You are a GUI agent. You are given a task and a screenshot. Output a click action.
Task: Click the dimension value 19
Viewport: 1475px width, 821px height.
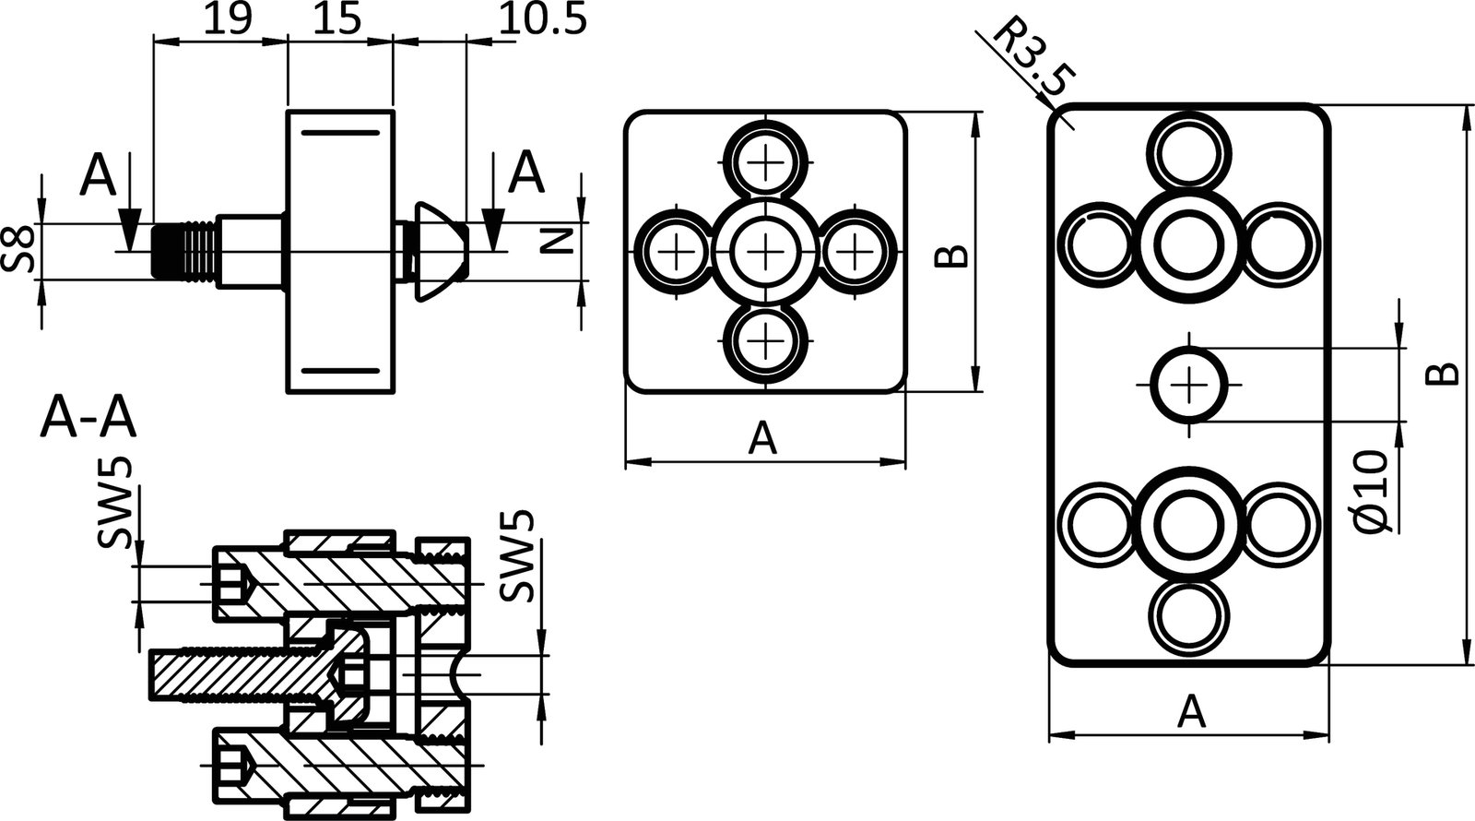click(x=226, y=19)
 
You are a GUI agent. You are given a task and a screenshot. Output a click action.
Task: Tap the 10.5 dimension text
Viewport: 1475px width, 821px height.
click(x=542, y=19)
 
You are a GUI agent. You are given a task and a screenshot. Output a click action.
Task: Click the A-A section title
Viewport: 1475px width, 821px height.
click(x=88, y=421)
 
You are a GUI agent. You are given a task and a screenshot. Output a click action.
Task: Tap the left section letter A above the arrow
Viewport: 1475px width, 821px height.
click(x=99, y=175)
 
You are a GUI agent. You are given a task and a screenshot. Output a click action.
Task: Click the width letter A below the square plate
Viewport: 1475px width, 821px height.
click(x=762, y=438)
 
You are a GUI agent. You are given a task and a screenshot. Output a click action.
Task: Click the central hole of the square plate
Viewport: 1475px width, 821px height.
click(x=765, y=250)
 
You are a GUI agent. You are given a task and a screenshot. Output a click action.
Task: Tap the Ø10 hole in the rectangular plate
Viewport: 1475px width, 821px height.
click(x=1190, y=384)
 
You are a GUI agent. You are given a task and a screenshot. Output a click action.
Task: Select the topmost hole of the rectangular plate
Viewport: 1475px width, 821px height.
click(x=1190, y=153)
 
